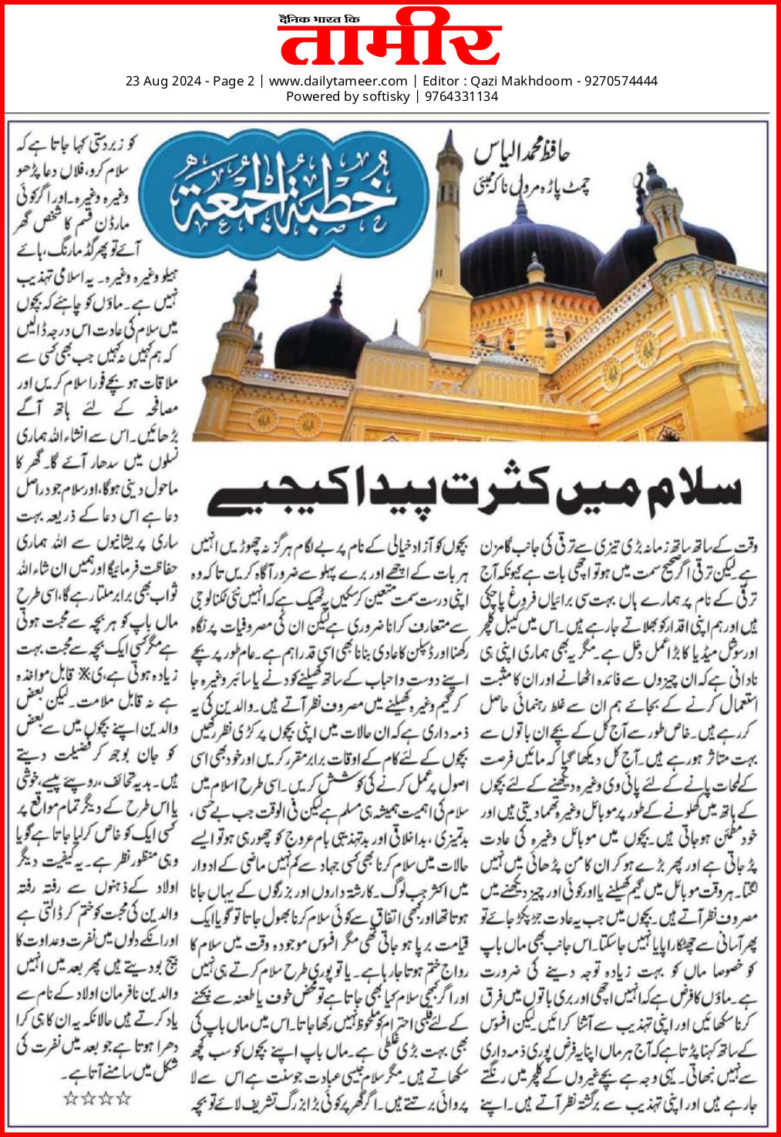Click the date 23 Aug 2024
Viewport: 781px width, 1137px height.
pyautogui.click(x=163, y=81)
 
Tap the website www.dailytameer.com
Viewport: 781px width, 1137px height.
pyautogui.click(x=338, y=81)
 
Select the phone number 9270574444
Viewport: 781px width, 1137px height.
pyautogui.click(x=621, y=81)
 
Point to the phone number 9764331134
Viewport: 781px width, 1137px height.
pyautogui.click(x=461, y=96)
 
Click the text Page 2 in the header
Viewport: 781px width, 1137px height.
pyautogui.click(x=233, y=81)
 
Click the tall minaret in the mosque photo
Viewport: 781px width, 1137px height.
pyautogui.click(x=446, y=254)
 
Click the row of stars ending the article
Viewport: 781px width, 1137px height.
pyautogui.click(x=97, y=1097)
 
